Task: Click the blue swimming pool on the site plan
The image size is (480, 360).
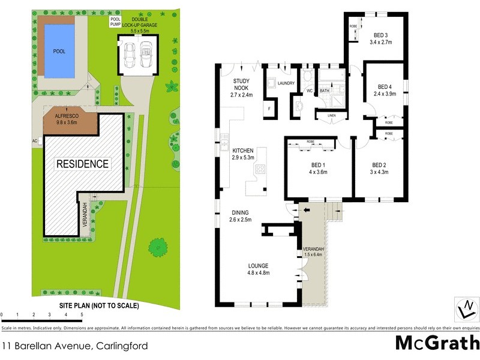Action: tap(59, 52)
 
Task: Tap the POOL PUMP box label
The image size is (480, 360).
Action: tap(115, 22)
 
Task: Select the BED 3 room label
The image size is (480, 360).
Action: tap(379, 35)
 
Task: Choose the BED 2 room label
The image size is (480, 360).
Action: tap(379, 166)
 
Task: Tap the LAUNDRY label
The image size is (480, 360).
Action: tap(286, 83)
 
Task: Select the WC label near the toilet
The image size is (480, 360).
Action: tap(310, 91)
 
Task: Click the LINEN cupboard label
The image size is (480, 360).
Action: tap(331, 115)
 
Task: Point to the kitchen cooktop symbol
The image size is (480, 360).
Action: tap(261, 170)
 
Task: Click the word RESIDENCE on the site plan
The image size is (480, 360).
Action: tap(83, 164)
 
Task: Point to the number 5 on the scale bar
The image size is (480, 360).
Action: tap(82, 314)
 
